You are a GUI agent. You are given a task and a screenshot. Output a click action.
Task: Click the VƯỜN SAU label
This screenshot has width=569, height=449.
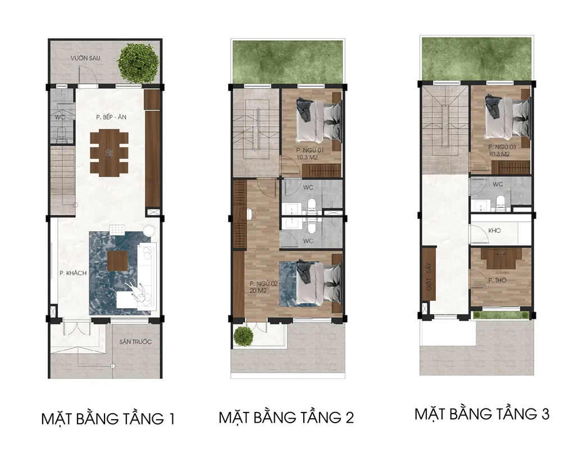85,58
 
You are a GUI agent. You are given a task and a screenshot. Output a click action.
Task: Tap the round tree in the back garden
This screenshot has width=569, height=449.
138,62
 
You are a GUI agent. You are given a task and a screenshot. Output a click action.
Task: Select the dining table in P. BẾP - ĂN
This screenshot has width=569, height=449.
109,154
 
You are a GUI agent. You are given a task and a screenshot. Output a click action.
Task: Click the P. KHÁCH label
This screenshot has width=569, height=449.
73,273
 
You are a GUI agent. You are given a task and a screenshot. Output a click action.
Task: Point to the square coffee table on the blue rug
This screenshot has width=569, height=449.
117,261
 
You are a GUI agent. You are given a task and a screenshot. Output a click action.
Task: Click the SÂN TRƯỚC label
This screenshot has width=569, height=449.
135,342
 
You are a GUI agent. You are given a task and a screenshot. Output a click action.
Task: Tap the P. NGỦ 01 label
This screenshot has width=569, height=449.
309,150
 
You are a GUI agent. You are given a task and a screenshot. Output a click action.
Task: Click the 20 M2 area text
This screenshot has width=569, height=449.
258,291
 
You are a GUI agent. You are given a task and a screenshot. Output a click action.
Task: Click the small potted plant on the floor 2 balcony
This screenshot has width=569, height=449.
243,336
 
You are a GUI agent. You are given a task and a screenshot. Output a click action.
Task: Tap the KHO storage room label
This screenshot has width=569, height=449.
494,230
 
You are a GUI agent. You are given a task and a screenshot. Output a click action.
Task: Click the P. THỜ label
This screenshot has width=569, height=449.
498,281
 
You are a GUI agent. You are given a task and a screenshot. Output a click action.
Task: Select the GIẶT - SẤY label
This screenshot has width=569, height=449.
429,277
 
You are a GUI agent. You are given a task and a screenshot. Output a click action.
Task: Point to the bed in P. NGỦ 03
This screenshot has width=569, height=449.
508,116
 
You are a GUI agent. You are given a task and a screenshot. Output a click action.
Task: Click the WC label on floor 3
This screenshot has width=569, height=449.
498,184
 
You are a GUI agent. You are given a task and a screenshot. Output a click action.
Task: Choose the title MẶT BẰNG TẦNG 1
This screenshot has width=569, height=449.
108,419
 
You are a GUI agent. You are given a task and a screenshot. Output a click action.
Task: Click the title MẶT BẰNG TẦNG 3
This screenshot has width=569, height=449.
482,414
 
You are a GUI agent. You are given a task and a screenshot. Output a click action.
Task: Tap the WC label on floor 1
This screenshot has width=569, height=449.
60,117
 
